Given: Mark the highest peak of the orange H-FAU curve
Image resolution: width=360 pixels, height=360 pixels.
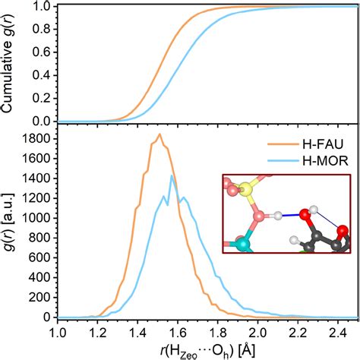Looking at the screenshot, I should click(x=159, y=134).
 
